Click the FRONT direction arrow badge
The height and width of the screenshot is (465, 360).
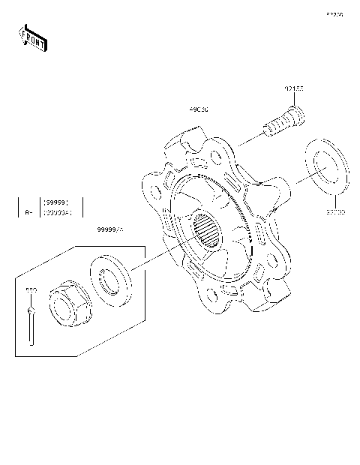32,37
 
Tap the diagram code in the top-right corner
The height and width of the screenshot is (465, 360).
334,14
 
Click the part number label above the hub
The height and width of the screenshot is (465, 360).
199,109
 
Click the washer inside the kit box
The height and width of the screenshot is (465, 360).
110,277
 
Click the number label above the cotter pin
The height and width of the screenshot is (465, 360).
31,289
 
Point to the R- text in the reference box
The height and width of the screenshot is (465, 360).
28,212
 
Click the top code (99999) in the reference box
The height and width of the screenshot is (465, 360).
57,202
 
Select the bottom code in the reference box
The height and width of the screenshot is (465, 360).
57,213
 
